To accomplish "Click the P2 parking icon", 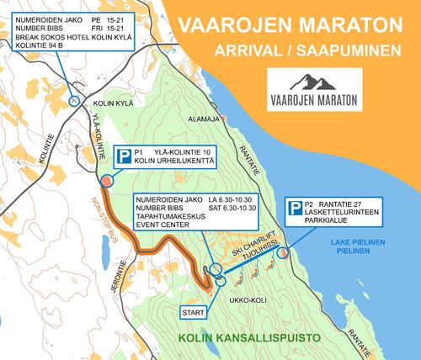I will [296, 206].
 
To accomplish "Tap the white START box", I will [194, 311].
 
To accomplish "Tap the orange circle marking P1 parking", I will [107, 181].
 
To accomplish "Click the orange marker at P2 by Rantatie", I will [283, 251].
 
